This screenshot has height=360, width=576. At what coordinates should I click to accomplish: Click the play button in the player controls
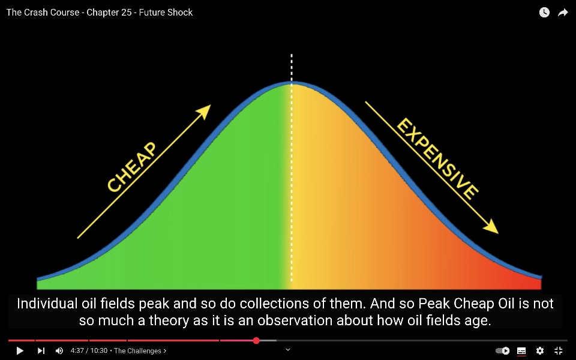click(20, 351)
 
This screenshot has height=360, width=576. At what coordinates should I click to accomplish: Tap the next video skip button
click(41, 351)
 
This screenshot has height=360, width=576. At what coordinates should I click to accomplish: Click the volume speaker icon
click(59, 351)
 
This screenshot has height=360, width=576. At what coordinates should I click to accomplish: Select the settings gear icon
click(540, 351)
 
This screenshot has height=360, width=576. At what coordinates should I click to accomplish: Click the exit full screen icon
click(559, 351)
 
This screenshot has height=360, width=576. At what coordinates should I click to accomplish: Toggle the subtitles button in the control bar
click(521, 351)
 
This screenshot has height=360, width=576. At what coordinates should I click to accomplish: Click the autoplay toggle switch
click(503, 351)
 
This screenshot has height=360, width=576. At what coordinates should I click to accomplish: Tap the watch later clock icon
click(544, 13)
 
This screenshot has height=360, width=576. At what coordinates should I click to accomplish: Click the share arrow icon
click(563, 13)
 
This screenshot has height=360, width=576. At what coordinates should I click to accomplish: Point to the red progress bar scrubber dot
click(256, 341)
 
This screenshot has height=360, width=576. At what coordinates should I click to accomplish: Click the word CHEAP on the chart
click(132, 167)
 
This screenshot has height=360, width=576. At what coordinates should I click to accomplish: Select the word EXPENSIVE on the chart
click(437, 158)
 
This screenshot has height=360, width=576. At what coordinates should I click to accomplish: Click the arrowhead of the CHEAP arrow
click(204, 111)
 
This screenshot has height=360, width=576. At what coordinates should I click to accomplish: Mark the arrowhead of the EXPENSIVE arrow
click(491, 227)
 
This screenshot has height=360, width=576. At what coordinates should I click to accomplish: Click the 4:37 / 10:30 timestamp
click(89, 351)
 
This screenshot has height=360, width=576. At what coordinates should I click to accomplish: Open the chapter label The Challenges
click(138, 351)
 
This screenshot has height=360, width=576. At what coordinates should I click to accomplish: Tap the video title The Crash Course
click(43, 13)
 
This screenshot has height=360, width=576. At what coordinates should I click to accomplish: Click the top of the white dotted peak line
click(292, 55)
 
